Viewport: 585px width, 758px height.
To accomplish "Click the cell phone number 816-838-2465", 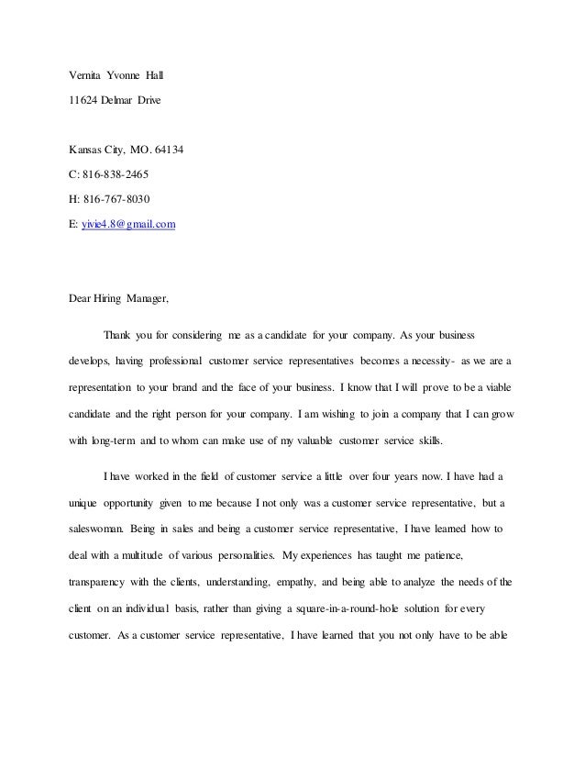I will (117, 173).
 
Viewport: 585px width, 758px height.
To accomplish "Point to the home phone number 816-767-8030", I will (117, 198).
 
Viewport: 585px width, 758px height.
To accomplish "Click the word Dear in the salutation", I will (84, 298).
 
